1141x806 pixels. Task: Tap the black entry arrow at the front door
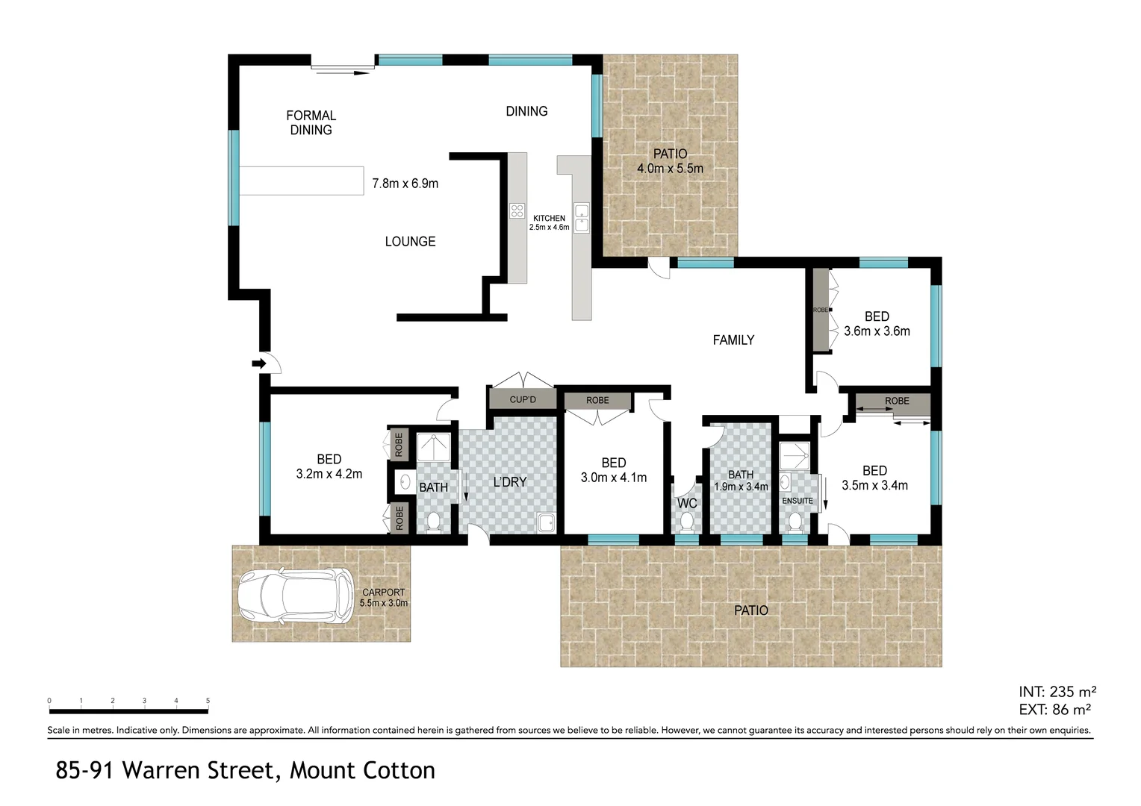[x=259, y=363]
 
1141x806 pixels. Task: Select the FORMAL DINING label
[x=311, y=122]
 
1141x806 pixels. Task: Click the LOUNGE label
[x=410, y=241]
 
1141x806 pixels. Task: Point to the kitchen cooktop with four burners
[x=516, y=210]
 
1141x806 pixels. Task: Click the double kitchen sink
[x=581, y=216]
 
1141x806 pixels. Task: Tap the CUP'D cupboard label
[x=523, y=399]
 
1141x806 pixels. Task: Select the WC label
[x=687, y=503]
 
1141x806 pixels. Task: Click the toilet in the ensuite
[x=795, y=521]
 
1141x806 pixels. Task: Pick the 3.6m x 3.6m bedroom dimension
[x=877, y=331]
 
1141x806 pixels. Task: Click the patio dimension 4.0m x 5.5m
[x=670, y=169]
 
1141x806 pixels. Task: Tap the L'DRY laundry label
[x=510, y=482]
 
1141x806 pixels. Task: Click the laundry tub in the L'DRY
[x=547, y=522]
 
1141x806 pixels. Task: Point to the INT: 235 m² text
[x=1057, y=692]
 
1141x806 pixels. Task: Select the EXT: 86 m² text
[x=1054, y=710]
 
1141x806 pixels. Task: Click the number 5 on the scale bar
[x=208, y=701]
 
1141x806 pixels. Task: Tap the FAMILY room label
[x=733, y=340]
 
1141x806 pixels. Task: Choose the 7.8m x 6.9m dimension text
[x=405, y=183]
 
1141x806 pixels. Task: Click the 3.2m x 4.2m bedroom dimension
[x=329, y=474]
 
